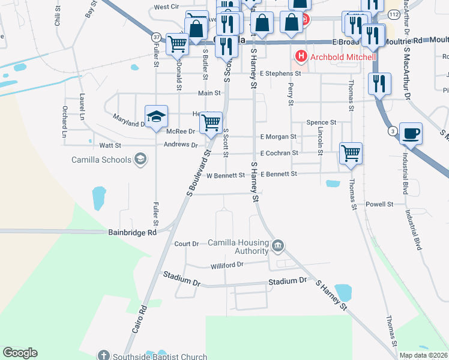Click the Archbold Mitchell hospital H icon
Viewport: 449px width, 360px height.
pos(301,57)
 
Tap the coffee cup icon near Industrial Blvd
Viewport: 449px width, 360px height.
pos(411,133)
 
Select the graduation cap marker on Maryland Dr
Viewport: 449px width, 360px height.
pos(155,116)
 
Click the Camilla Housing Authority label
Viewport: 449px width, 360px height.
pos(238,247)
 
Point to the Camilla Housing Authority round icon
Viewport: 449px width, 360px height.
pos(278,245)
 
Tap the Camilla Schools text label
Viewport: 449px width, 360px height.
pos(109,159)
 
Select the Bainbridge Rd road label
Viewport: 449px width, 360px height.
pos(132,232)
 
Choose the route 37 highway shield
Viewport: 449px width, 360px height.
pos(156,37)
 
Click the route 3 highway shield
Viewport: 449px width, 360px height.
pos(392,131)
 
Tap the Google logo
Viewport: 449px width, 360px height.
pos(20,353)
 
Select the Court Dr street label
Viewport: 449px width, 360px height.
pos(186,244)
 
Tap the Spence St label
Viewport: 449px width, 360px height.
pos(321,122)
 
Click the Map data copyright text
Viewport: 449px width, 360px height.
pos(423,355)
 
